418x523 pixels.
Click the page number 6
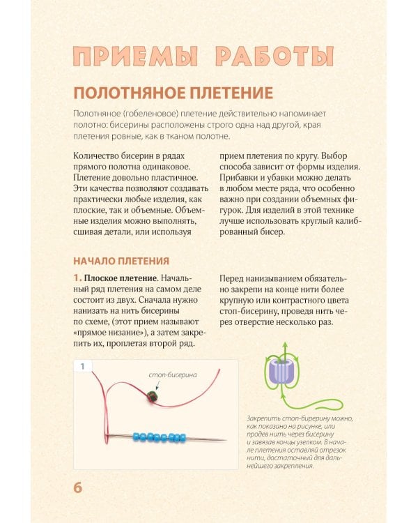point(78,486)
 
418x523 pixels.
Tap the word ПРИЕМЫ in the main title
point(127,56)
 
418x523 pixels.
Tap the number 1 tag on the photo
point(83,365)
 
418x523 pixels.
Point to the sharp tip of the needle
point(224,439)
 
